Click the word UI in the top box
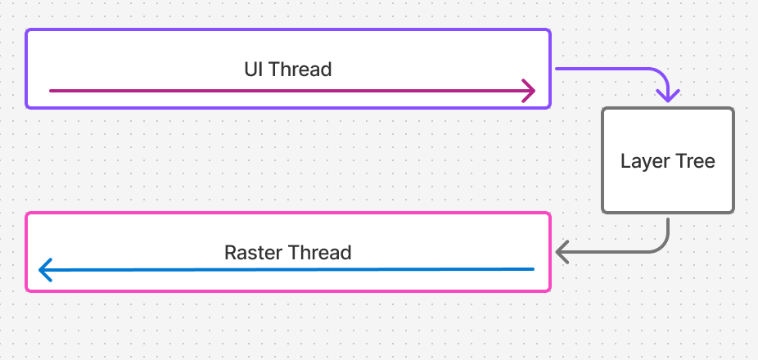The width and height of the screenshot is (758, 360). click(254, 70)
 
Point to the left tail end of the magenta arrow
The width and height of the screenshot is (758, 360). click(51, 91)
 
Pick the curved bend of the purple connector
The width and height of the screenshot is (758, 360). click(661, 74)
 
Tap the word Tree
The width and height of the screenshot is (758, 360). click(695, 161)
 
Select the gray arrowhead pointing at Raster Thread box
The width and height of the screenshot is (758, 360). click(560, 251)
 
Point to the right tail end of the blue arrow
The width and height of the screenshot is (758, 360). click(533, 268)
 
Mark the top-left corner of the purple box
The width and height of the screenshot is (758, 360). click(27, 31)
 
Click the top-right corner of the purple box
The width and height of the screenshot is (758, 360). click(549, 31)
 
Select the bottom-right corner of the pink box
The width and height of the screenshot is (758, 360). click(549, 290)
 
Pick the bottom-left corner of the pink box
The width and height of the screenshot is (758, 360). click(27, 290)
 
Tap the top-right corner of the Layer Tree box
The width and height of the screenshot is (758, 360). click(733, 109)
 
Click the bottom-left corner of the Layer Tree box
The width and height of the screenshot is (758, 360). click(603, 212)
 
